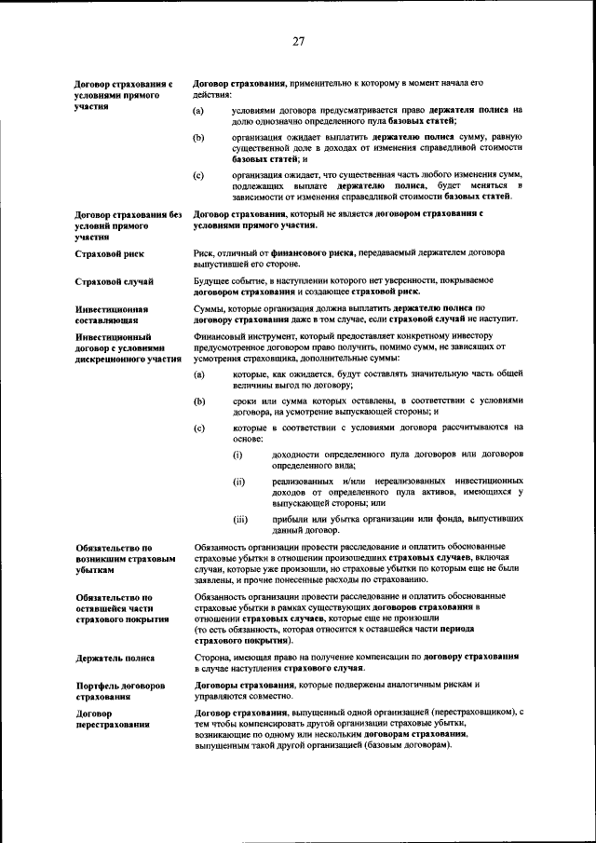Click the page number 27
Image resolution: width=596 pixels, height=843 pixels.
[x=298, y=40]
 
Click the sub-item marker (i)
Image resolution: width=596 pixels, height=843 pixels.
[x=237, y=454]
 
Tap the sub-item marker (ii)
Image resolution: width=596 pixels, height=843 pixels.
[x=238, y=482]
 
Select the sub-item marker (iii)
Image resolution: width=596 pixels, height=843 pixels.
[x=240, y=519]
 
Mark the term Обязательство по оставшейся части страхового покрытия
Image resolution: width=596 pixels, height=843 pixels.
[x=122, y=607]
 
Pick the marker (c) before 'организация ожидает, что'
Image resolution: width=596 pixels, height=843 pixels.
[x=198, y=175]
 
